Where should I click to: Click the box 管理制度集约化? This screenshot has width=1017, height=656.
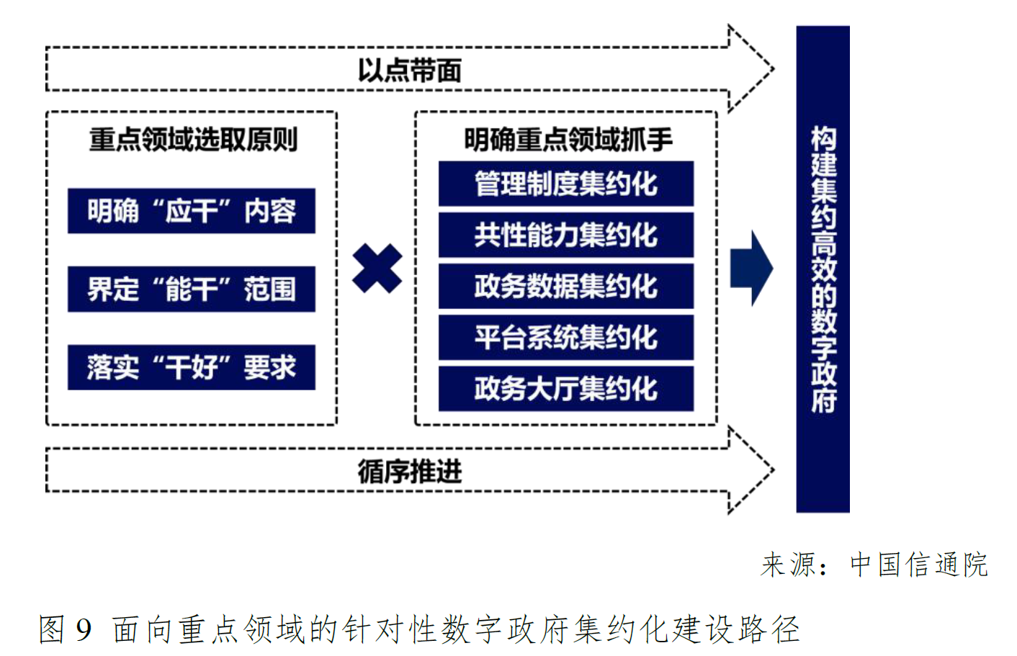565,184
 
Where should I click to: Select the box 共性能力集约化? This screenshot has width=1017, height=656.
565,235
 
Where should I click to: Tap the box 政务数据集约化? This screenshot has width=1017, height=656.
565,286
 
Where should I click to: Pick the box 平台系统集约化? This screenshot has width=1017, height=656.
565,337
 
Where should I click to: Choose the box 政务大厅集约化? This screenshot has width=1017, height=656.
565,389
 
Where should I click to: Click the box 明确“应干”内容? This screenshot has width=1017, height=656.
192,211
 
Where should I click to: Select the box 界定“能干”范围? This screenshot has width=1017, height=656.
192,289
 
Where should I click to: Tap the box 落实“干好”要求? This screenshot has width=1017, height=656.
192,367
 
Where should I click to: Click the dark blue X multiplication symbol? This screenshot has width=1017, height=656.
377,268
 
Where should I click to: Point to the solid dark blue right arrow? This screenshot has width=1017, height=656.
751,268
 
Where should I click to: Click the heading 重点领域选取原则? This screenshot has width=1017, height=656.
193,139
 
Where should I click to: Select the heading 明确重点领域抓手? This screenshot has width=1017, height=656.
568,139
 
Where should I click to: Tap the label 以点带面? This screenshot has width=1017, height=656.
409,71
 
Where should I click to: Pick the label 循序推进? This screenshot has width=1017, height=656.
409,472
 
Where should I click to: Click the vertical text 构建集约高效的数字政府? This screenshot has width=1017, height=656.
823,269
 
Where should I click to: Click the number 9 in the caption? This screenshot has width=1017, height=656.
84,629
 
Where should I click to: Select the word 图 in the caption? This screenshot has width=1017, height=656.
53,629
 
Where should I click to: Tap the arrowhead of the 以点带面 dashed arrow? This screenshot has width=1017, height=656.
751,69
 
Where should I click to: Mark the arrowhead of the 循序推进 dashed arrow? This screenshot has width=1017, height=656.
751,470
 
